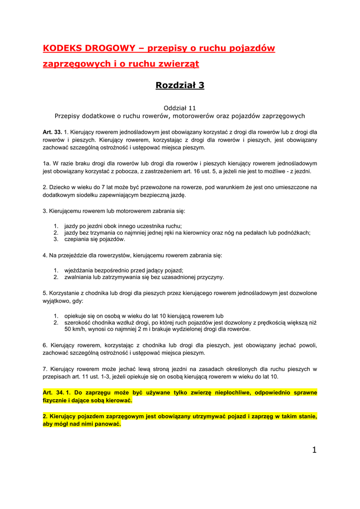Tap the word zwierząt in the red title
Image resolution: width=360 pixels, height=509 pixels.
pos(181,64)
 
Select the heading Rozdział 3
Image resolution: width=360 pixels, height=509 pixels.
pos(180,85)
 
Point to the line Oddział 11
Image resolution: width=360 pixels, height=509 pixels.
pos(180,107)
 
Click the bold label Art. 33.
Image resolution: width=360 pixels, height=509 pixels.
pos(52,132)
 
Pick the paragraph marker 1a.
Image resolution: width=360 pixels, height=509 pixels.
pos(47,163)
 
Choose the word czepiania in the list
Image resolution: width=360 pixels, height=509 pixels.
pos(78,239)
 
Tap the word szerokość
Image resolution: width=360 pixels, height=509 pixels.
pos(79,323)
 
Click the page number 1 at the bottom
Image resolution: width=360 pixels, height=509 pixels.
pos(314,450)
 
